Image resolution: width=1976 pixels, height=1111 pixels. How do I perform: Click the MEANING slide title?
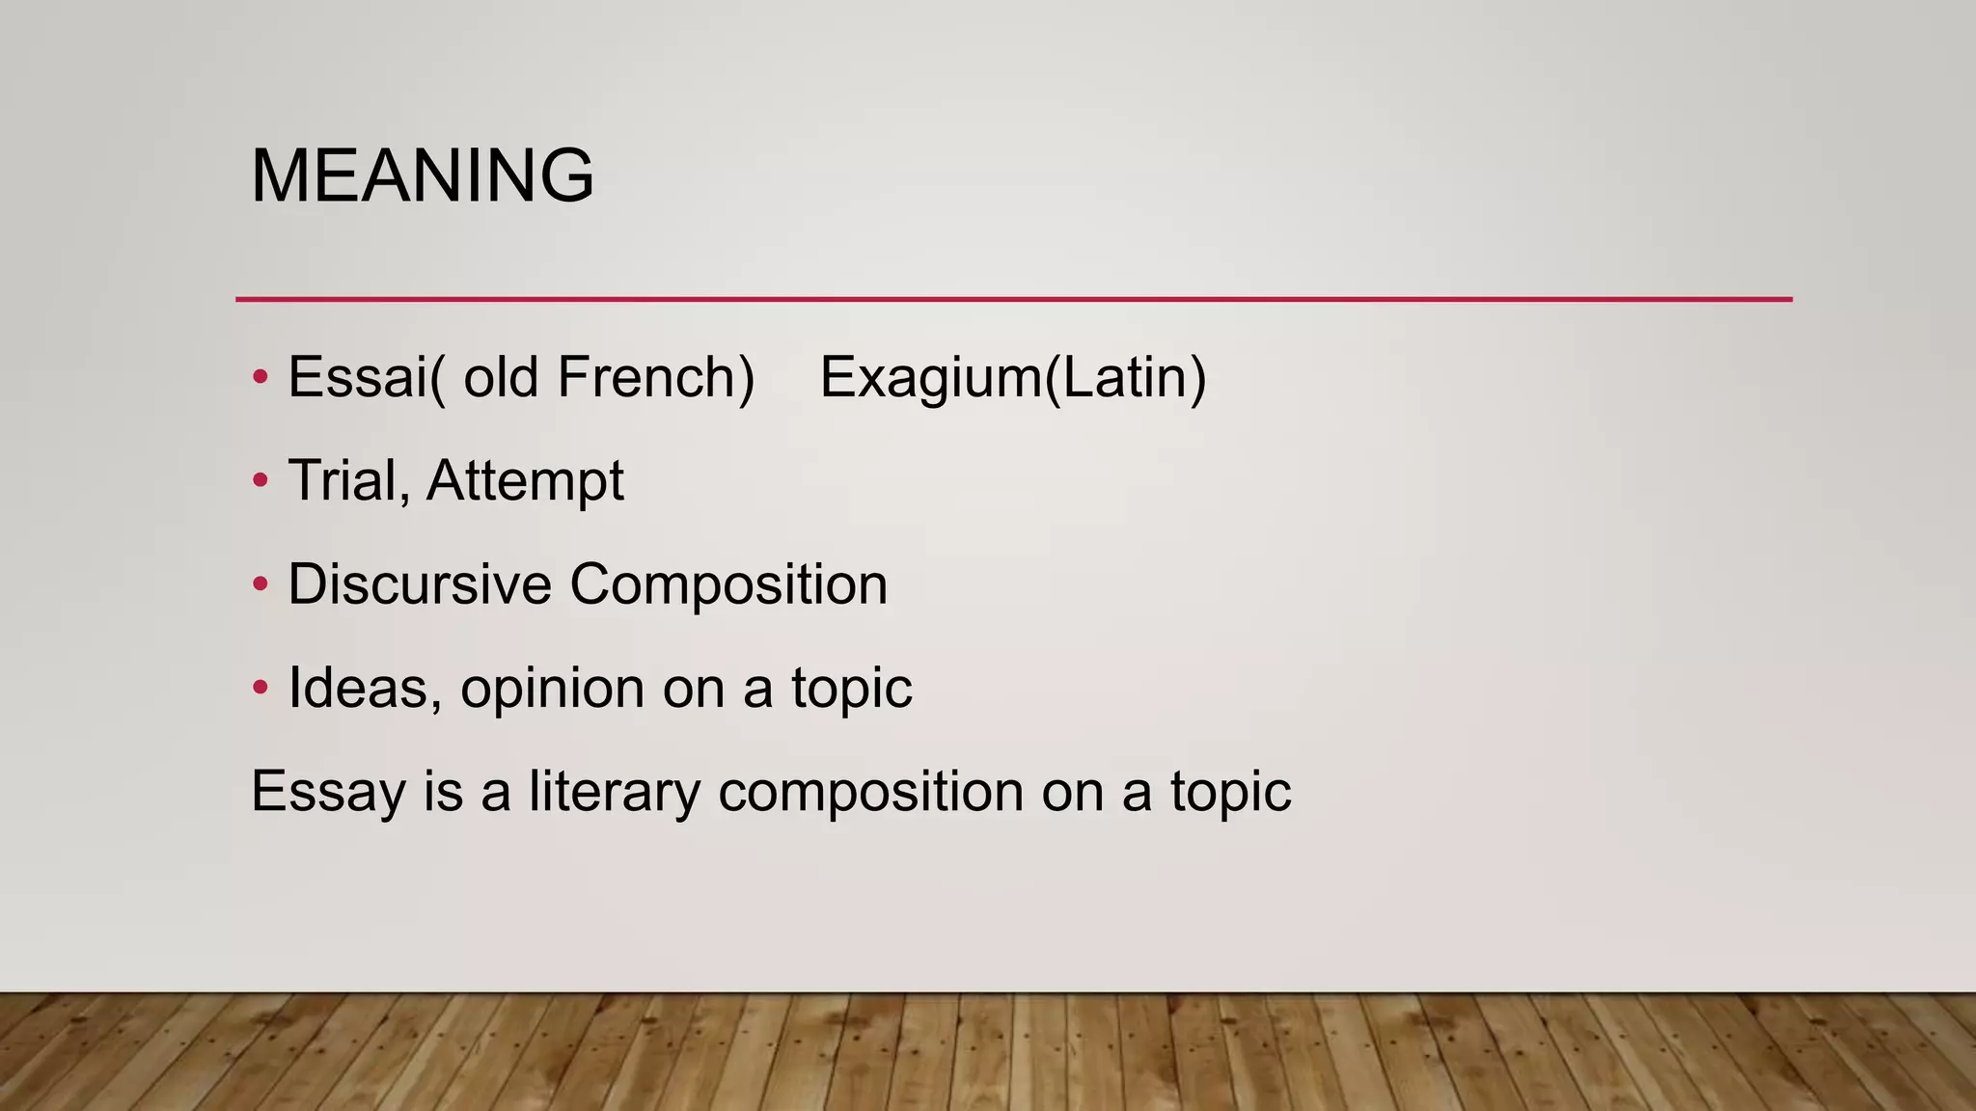(x=422, y=176)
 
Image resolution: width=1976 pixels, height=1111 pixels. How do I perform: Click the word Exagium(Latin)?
(x=1013, y=377)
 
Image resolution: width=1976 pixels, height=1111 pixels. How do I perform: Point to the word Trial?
(x=343, y=480)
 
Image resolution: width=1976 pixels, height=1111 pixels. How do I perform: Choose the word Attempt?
(x=525, y=480)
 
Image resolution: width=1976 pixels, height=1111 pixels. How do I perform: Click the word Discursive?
(x=420, y=583)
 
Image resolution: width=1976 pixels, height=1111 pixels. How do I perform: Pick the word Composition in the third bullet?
(x=728, y=585)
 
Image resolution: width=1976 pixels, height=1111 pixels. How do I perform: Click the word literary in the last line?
(x=613, y=792)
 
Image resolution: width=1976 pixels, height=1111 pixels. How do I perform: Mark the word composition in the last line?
(x=870, y=793)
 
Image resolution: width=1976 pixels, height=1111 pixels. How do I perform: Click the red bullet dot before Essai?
(x=260, y=377)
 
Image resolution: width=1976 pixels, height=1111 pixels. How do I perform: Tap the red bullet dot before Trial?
(x=260, y=480)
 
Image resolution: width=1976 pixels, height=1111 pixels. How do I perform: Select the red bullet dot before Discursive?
(x=260, y=583)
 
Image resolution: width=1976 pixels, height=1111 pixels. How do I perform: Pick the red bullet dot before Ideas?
(x=260, y=688)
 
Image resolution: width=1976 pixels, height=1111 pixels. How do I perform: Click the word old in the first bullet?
(x=501, y=377)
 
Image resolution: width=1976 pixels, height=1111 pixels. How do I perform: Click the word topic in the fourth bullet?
(x=851, y=690)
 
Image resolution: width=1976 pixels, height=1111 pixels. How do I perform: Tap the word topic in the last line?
(x=1230, y=793)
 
